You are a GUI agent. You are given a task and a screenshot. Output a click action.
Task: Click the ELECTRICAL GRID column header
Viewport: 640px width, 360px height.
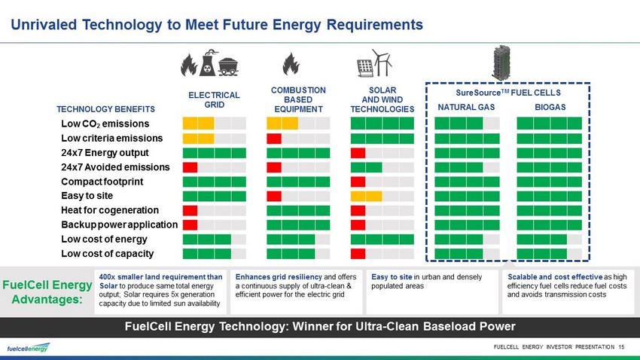(214, 100)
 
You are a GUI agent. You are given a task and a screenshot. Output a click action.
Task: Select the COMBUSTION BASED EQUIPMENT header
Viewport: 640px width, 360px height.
(298, 99)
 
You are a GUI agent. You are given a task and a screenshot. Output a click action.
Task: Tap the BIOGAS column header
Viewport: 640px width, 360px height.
(550, 108)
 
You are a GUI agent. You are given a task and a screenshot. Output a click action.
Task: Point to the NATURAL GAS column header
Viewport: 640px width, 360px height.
(466, 108)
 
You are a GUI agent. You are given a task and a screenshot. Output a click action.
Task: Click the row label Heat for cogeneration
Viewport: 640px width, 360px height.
(110, 210)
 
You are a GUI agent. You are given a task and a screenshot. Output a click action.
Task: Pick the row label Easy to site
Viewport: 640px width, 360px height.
(87, 196)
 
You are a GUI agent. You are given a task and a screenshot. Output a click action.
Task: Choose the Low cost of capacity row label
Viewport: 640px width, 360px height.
(108, 254)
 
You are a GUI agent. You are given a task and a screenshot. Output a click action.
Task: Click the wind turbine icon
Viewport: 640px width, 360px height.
(382, 63)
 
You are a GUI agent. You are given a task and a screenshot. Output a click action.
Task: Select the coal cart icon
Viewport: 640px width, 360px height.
(229, 67)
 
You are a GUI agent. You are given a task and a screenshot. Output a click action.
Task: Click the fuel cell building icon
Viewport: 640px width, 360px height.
(501, 63)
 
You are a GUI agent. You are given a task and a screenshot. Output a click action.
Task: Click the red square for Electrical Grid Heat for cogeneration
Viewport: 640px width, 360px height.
(190, 211)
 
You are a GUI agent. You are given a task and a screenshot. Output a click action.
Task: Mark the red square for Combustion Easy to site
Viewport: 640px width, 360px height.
(274, 197)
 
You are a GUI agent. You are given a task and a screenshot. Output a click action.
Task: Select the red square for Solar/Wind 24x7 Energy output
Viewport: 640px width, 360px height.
(358, 153)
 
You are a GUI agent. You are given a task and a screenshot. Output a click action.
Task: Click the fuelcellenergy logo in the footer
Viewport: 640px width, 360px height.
(28, 348)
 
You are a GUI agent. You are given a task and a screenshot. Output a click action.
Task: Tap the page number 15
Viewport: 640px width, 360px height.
(621, 347)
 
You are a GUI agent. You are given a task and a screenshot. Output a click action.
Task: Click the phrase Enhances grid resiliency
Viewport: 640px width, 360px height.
(279, 277)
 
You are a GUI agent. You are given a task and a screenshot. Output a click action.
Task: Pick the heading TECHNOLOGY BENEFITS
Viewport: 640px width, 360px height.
(105, 109)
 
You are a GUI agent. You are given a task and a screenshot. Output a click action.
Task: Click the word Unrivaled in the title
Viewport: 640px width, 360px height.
(44, 25)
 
